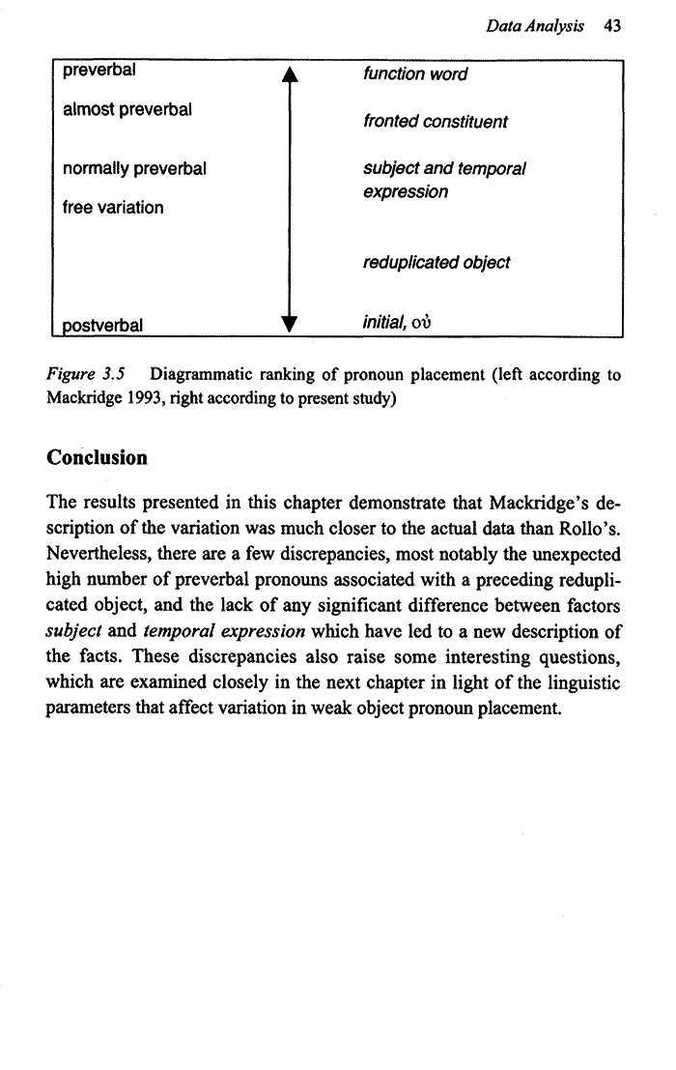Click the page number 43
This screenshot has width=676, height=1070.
coord(610,28)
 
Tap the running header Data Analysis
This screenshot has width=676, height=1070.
coord(535,28)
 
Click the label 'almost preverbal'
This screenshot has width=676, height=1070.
coord(127,111)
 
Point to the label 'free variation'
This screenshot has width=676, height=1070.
coord(112,208)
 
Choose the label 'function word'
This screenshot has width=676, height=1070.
coord(415,74)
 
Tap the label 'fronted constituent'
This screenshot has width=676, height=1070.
coord(435,123)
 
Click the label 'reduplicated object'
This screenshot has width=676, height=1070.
coord(437,263)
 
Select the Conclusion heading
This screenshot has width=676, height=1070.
coord(97,458)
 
